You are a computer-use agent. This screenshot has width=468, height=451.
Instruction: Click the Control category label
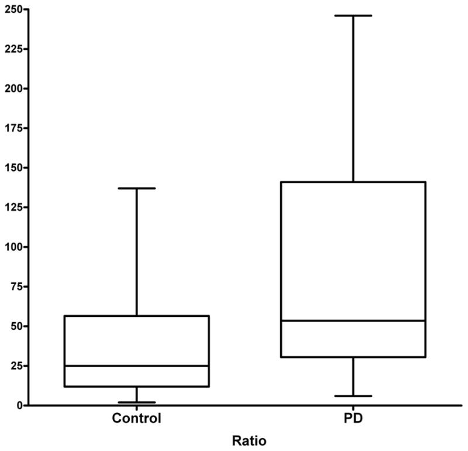pyautogui.click(x=136, y=419)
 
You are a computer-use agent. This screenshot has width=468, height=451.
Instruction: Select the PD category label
pyautogui.click(x=353, y=419)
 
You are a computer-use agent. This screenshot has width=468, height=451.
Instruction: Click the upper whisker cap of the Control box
pyautogui.click(x=136, y=188)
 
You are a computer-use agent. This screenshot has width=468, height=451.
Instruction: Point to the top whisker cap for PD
pyautogui.click(x=353, y=15)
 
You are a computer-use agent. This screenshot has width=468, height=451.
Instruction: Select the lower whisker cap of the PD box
pyautogui.click(x=353, y=396)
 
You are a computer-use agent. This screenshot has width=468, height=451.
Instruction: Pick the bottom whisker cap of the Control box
pyautogui.click(x=136, y=402)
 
